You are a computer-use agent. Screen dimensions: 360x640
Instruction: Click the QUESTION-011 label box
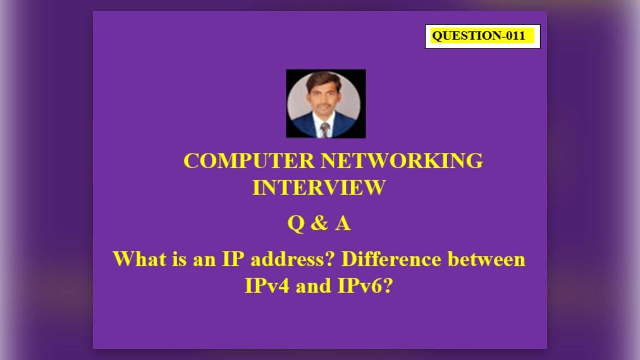coord(482,36)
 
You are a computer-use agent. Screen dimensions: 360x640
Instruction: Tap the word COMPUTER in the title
coord(248,161)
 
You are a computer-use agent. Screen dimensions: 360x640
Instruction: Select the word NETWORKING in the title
coord(401,161)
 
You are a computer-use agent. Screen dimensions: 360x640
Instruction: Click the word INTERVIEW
coord(319,187)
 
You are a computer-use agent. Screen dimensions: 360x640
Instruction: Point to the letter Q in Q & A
coord(295,224)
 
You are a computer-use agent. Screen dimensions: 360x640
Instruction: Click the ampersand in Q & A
coord(318,224)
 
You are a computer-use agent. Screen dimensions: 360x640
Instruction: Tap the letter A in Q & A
coord(342,224)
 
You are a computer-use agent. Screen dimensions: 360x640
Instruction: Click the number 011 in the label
coord(515,36)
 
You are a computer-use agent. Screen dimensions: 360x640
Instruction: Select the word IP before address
coord(232,259)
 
